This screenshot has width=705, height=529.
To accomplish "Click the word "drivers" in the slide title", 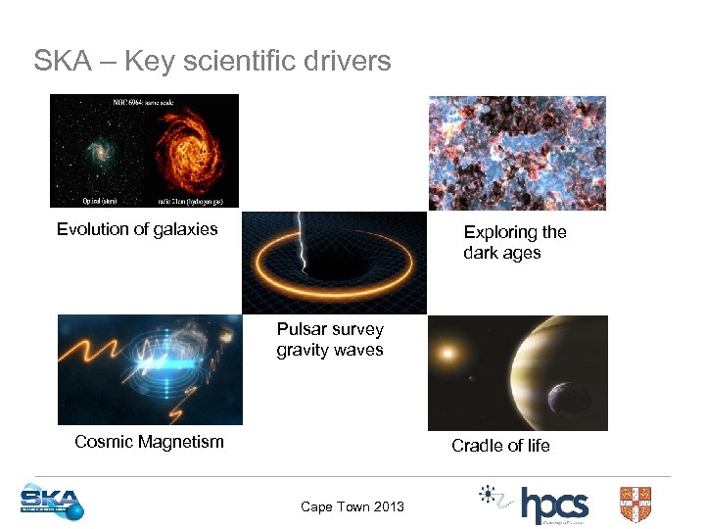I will pos(343,61).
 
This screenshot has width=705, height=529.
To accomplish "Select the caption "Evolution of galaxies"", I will pos(137,229).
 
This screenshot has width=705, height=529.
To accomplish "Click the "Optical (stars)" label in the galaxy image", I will pos(81,200).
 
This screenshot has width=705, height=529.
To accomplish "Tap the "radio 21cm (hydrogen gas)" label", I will pos(193,200).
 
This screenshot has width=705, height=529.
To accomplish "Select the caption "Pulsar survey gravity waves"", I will pos(330,340).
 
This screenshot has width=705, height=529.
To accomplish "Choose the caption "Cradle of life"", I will pos(500,446).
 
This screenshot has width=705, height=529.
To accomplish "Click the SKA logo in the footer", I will pos(52,503).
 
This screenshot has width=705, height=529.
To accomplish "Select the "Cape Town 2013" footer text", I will pos(352,506).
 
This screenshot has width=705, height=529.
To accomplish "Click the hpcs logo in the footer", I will pos(552,505).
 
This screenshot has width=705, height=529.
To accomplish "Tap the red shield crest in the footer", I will pos(635,504).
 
